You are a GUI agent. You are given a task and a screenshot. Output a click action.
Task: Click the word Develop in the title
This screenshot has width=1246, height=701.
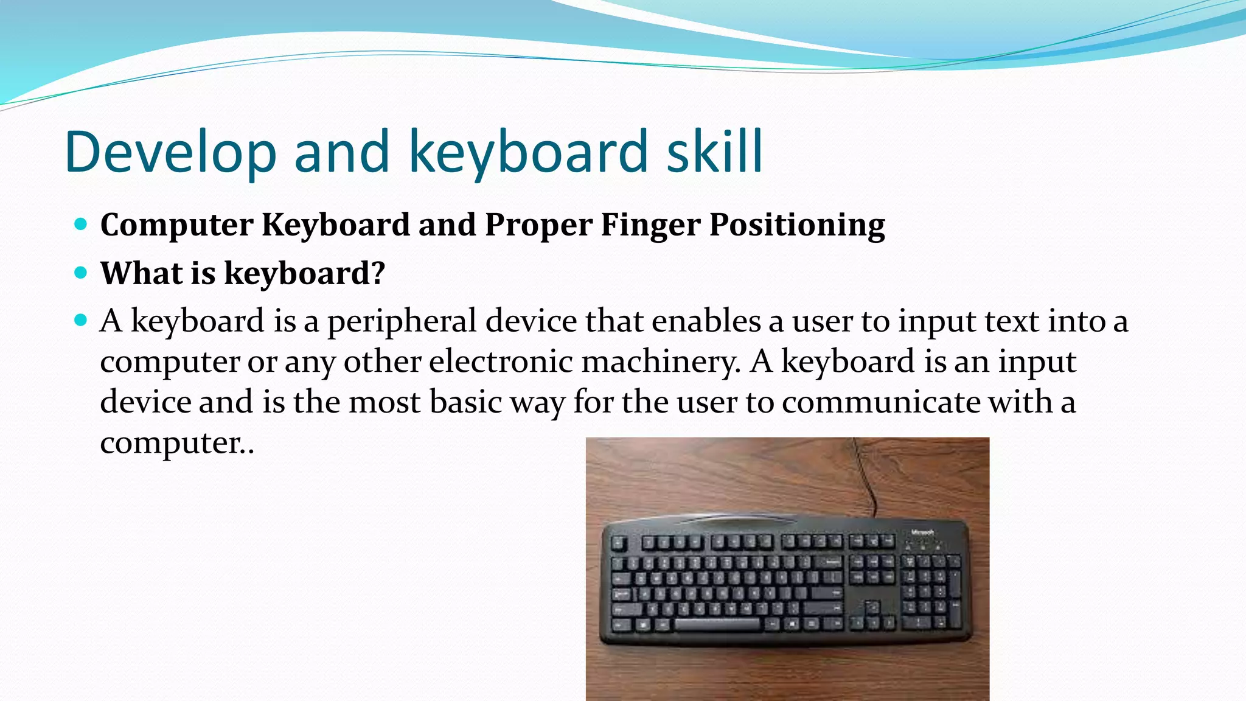tap(171, 152)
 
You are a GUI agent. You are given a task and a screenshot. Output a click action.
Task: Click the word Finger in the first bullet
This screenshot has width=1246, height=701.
tap(650, 225)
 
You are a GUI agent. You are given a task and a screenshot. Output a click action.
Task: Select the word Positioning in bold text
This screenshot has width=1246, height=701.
tap(797, 225)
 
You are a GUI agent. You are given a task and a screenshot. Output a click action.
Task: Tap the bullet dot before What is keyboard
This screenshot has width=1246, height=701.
tap(80, 273)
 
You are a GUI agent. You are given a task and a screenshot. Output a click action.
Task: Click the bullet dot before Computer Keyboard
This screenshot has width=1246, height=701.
tap(80, 225)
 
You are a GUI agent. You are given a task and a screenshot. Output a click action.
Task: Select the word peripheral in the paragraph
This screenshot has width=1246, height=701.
tap(402, 321)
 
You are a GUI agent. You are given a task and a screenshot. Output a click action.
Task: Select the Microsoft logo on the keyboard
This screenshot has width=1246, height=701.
tap(922, 532)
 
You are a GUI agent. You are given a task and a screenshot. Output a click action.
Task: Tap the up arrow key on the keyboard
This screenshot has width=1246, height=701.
tap(872, 606)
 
